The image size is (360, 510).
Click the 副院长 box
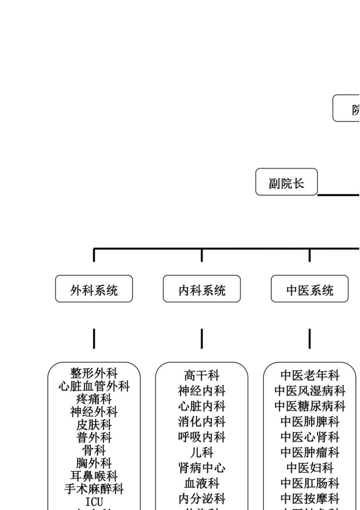pos(286,182)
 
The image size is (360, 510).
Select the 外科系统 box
pos(94,289)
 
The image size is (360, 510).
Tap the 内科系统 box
pos(202,289)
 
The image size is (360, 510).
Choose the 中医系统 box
pos(310,289)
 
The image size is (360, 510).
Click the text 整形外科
pos(94,373)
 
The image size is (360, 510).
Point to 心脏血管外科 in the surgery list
pos(94,386)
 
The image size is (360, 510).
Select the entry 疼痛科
pos(94,399)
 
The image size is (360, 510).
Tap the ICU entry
pos(94,502)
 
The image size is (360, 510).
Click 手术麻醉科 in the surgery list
pos(94,489)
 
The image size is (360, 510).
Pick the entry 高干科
pos(202,375)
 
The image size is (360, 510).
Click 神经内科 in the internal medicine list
pos(202,391)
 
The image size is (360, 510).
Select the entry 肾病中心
pos(202,468)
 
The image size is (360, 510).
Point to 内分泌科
pos(202,499)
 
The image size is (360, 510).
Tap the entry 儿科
pos(202,452)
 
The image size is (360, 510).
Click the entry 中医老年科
pos(310,375)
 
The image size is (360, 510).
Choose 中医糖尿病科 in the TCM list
pos(310,406)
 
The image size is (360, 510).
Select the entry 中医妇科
pos(310,468)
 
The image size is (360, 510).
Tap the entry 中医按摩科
pos(310,499)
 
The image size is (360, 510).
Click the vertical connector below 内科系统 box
pos(202,339)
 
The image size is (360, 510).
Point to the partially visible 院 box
pos(347,108)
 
